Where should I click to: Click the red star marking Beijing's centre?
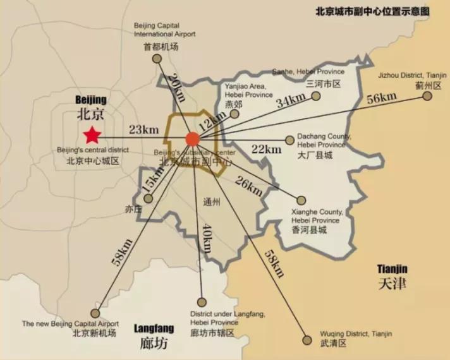93,135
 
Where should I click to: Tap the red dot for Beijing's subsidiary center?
193,139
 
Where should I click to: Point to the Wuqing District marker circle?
308,340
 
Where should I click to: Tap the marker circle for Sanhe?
315,96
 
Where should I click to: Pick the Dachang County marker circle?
290,140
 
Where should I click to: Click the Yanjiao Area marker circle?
234,114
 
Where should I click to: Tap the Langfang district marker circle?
202,302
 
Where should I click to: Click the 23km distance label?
143,130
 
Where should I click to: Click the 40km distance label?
206,239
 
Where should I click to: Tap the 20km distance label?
173,88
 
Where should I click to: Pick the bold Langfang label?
152,328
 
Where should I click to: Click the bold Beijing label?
91,100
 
